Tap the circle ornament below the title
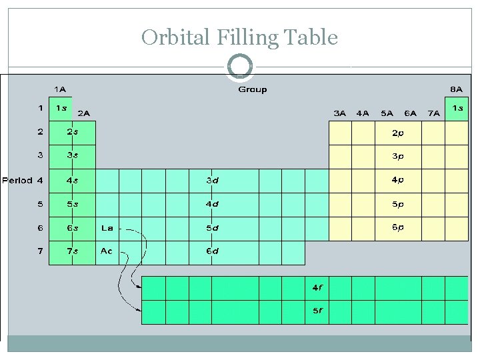click(x=240, y=67)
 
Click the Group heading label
click(x=253, y=90)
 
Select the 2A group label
click(x=84, y=114)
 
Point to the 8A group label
click(x=456, y=89)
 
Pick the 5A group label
click(x=387, y=113)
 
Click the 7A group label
click(x=433, y=113)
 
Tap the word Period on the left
click(x=17, y=180)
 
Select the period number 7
click(x=41, y=251)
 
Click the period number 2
click(x=41, y=132)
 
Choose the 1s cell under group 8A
click(x=457, y=108)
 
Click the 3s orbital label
click(x=72, y=156)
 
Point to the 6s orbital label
click(x=72, y=228)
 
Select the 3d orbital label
click(x=212, y=180)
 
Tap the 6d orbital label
click(x=212, y=251)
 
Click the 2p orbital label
click(x=397, y=133)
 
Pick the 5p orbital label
click(x=397, y=204)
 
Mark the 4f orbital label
click(x=318, y=288)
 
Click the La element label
click(x=107, y=228)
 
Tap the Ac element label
click(x=107, y=251)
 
